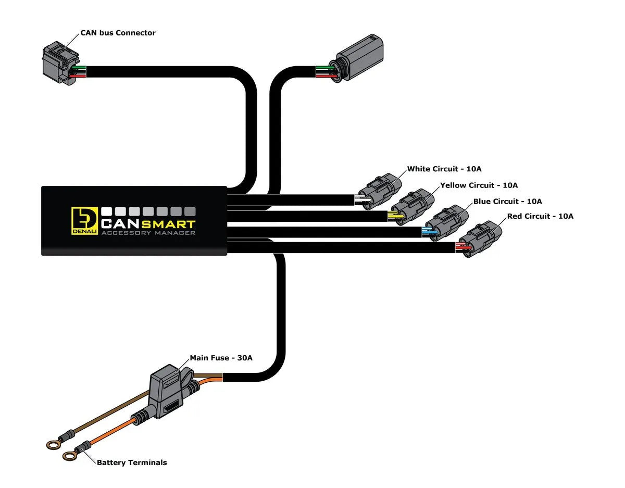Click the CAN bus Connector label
[118, 33]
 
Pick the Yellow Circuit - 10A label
[479, 185]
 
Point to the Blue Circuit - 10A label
[507, 201]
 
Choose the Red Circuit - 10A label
[540, 216]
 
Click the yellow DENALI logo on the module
[84, 221]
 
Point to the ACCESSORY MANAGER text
[148, 233]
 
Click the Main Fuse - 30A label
[221, 358]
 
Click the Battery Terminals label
[132, 462]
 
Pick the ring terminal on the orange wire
[69, 456]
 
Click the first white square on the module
[107, 211]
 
